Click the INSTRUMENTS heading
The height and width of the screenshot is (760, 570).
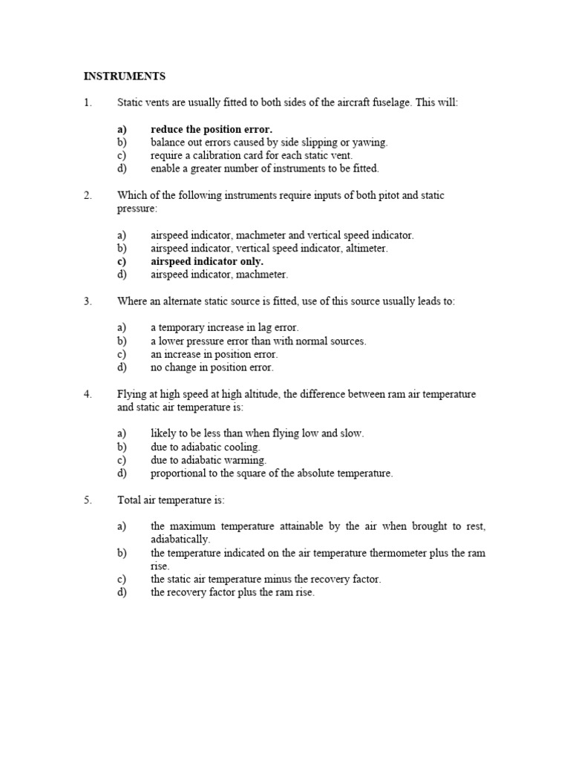(124, 76)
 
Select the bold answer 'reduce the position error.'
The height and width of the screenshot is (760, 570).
(211, 129)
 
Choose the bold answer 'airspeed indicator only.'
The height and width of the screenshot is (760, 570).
(206, 261)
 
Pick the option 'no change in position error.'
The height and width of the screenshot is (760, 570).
(212, 367)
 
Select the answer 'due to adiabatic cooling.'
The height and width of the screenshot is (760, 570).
(205, 447)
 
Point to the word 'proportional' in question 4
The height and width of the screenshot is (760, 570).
(178, 473)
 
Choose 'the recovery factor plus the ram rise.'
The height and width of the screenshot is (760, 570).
(232, 592)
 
